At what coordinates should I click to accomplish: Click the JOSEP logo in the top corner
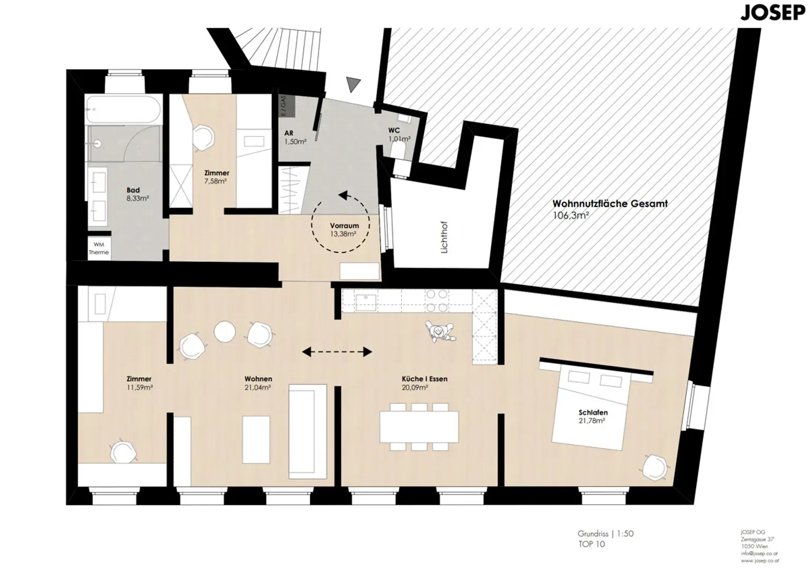click(773, 12)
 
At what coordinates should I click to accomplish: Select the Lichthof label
click(444, 240)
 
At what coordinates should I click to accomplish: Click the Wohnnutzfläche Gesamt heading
click(610, 203)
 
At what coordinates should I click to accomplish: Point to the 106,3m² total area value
click(571, 215)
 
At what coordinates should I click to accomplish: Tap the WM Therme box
click(99, 248)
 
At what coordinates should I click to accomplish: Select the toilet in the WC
click(399, 153)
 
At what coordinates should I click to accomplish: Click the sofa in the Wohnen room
click(307, 430)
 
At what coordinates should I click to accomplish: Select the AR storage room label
click(288, 133)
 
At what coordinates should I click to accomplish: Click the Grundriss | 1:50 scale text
click(605, 534)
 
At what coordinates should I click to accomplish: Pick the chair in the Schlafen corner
click(654, 466)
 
